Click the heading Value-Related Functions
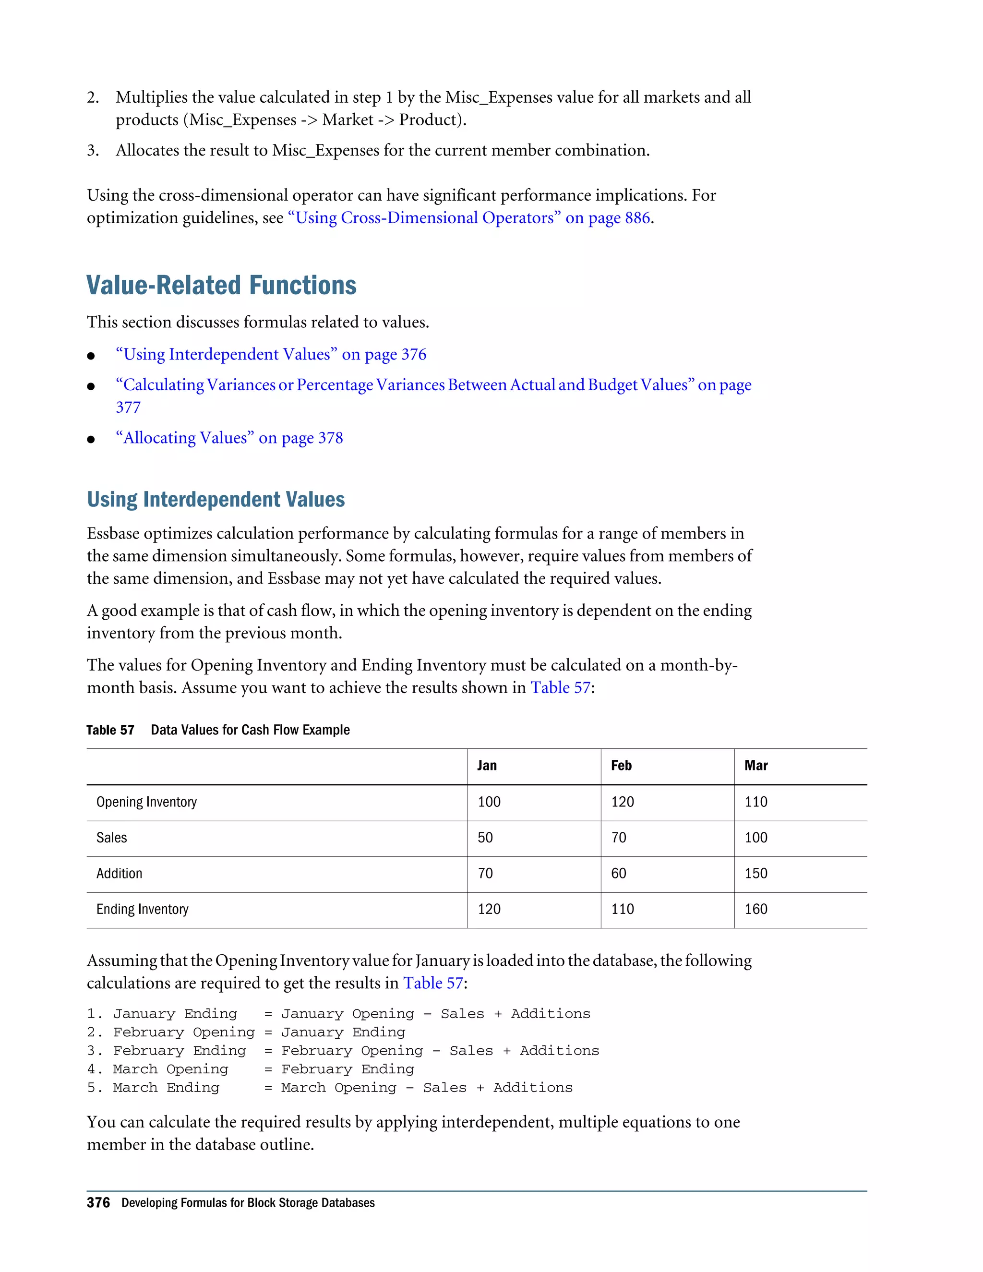[x=221, y=286]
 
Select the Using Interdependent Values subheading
[x=216, y=500]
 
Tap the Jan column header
[x=487, y=765]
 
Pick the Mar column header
[x=755, y=765]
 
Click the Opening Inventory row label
[x=147, y=802]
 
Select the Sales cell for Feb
[x=618, y=838]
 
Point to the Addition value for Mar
[x=755, y=873]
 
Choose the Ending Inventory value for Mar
[x=755, y=909]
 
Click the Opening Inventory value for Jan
[x=489, y=802]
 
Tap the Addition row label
[x=120, y=873]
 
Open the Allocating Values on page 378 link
[x=229, y=438]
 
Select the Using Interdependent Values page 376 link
[x=271, y=355]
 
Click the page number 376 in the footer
[x=98, y=1203]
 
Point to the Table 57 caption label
[x=110, y=731]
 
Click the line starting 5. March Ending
[x=330, y=1087]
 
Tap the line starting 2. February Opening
[x=246, y=1032]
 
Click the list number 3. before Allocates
[x=93, y=151]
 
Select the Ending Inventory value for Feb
[x=622, y=909]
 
